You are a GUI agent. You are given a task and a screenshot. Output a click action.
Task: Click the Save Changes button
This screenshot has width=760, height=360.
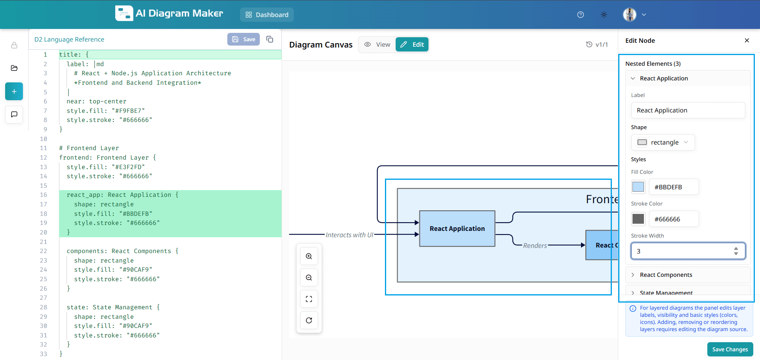pos(730,349)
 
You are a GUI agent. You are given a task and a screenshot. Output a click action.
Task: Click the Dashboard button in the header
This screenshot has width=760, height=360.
pos(267,15)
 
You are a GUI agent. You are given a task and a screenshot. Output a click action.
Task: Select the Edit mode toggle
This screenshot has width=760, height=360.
pos(412,44)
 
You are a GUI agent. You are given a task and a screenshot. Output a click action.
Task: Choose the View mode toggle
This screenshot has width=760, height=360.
pos(377,44)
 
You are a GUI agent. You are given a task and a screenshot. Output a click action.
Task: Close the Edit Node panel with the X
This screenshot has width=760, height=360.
pos(747,40)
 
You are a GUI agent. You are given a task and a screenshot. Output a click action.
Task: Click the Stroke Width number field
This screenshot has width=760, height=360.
pos(683,251)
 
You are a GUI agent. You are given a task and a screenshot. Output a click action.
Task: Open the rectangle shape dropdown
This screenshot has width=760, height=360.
pos(663,143)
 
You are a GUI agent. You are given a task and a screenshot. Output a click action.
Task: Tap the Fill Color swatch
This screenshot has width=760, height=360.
pos(638,187)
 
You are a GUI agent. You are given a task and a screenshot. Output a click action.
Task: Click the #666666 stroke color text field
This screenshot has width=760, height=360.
pos(674,219)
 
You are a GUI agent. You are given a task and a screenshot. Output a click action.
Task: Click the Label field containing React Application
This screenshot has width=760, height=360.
pos(688,110)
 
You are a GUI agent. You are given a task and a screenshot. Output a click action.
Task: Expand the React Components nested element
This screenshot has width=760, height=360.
pos(666,275)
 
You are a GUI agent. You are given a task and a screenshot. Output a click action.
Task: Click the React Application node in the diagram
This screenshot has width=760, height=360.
pos(457,229)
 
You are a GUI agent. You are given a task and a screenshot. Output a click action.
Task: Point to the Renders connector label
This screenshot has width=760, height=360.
pos(535,246)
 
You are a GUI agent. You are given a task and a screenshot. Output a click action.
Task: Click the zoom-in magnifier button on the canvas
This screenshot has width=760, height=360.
pos(309,256)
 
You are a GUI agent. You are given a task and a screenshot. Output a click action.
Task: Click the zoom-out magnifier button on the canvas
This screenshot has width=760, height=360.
pos(309,278)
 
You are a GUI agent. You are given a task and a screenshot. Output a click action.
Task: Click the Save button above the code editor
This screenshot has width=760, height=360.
pos(244,39)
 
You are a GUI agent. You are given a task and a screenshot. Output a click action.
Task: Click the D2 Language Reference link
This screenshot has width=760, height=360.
pos(69,40)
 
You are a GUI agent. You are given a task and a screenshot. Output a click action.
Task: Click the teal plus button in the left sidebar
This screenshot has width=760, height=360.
pos(14,91)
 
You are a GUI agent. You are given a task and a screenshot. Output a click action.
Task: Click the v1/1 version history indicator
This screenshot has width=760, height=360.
pos(597,44)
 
